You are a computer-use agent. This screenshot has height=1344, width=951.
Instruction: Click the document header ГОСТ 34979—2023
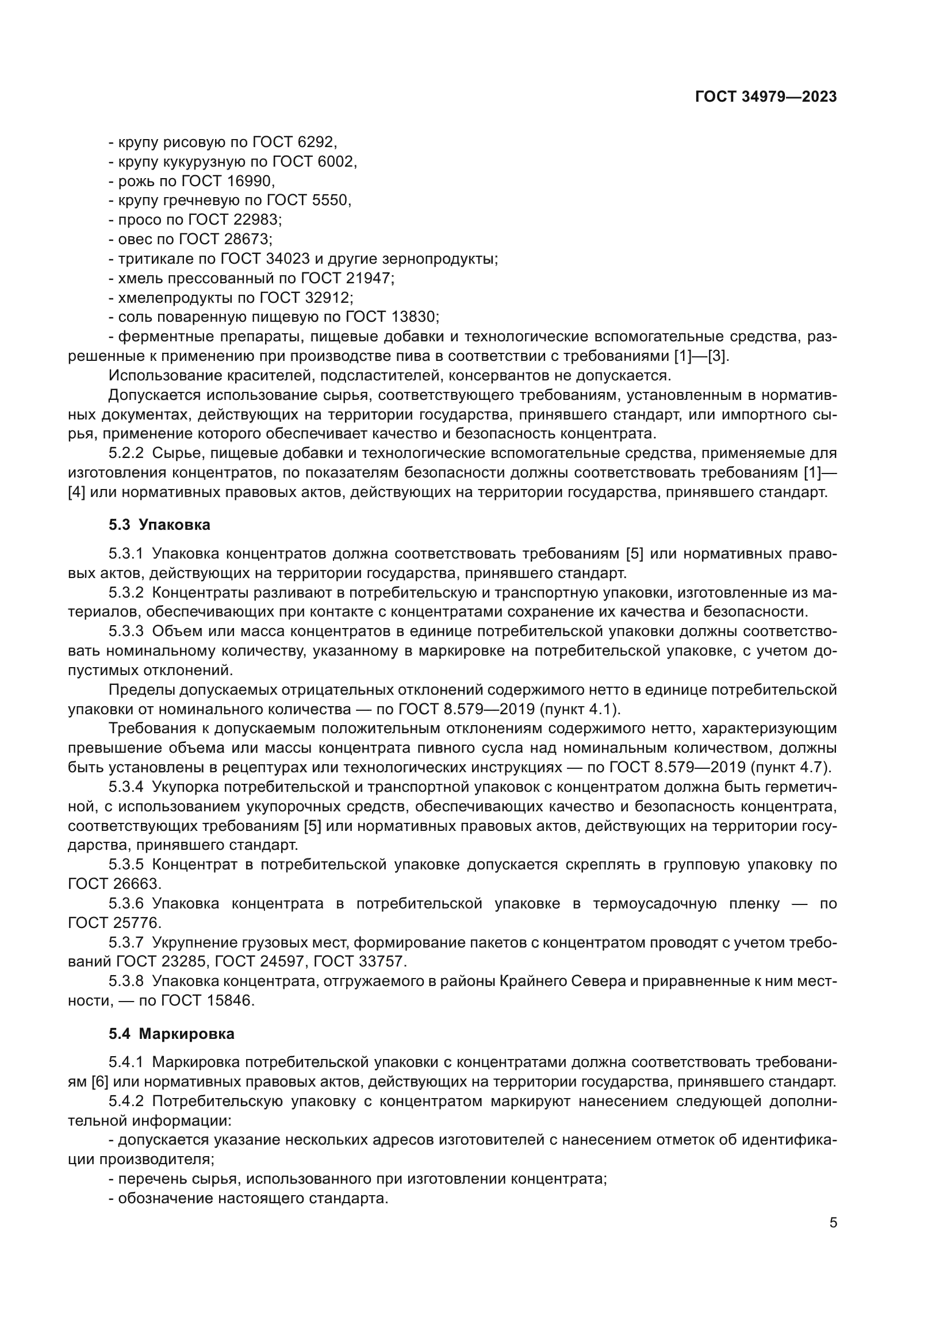click(766, 97)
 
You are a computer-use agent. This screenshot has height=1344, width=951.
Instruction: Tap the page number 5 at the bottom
click(833, 1222)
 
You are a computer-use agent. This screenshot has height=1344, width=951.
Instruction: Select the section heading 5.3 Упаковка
click(159, 525)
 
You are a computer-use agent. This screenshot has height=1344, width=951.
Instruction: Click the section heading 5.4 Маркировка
click(171, 1034)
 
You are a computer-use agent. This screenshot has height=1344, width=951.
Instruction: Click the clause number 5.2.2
click(126, 453)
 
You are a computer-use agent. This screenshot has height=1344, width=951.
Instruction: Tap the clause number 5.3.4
click(126, 787)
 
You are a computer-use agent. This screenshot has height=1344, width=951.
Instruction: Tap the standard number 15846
click(229, 1000)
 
